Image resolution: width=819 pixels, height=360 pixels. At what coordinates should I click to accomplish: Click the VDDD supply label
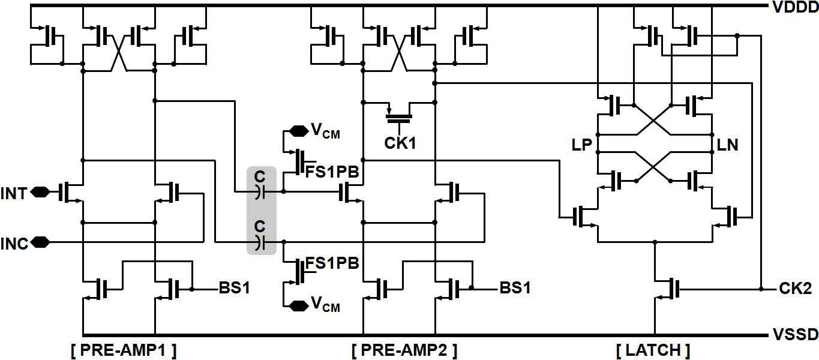(x=795, y=7)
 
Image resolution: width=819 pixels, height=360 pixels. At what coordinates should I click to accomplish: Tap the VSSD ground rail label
(x=795, y=334)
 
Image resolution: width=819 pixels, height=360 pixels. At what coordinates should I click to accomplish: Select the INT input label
(x=14, y=193)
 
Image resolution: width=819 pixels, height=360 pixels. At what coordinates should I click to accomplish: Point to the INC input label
(x=14, y=244)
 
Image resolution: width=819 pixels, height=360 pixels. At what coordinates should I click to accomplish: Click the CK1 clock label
(x=400, y=143)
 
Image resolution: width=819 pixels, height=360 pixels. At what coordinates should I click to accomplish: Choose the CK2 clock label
(x=795, y=289)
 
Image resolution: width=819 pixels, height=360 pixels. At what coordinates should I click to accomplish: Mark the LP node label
(x=581, y=145)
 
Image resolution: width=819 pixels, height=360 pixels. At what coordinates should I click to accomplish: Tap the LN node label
(x=727, y=145)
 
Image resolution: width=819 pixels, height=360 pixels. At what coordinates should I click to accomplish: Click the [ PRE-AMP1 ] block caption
(x=124, y=350)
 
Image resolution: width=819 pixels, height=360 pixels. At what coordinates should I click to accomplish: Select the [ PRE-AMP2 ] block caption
(x=404, y=350)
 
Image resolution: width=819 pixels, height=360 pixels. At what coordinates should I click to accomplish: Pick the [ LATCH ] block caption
(x=653, y=350)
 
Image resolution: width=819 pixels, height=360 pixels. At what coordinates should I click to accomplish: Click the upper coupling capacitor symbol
(x=260, y=191)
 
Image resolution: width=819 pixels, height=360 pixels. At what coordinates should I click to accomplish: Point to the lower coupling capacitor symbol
(x=260, y=242)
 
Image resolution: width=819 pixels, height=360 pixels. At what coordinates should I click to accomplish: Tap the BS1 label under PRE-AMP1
(x=235, y=288)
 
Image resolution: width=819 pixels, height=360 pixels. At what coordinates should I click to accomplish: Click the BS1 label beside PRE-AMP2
(x=515, y=288)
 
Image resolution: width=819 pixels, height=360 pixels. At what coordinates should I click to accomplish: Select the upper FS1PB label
(x=332, y=172)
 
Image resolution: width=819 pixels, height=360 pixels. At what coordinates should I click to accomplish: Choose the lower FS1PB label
(x=332, y=263)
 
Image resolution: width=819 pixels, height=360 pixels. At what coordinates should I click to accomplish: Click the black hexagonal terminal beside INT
(x=40, y=191)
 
